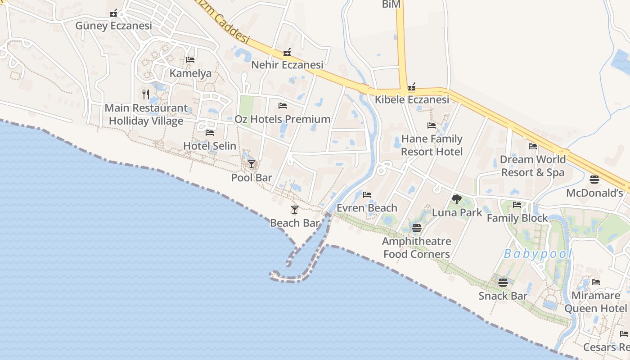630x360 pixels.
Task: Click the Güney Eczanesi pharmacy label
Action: pyautogui.click(x=113, y=26)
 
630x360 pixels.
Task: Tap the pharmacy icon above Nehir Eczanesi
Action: pyautogui.click(x=287, y=53)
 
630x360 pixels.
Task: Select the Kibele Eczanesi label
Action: pyautogui.click(x=412, y=99)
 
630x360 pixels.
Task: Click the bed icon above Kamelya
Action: pyautogui.click(x=190, y=59)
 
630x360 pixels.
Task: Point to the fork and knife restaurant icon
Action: pyautogui.click(x=146, y=94)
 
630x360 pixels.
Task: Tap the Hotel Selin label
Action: pyautogui.click(x=210, y=146)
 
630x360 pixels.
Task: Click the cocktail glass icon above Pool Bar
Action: pyautogui.click(x=252, y=164)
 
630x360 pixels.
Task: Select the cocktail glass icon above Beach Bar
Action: pyautogui.click(x=295, y=209)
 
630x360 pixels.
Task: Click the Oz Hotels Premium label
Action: pyautogui.click(x=283, y=119)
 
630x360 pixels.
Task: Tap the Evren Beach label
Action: pyautogui.click(x=367, y=208)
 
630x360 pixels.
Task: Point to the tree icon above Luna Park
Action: pyautogui.click(x=457, y=199)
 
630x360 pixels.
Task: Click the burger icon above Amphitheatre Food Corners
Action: pyautogui.click(x=416, y=228)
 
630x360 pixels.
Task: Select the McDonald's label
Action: pyautogui.click(x=594, y=193)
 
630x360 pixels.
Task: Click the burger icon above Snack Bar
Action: pyautogui.click(x=503, y=283)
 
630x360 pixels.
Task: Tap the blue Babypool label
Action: pyautogui.click(x=538, y=254)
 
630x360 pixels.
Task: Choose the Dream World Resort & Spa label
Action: pyautogui.click(x=533, y=166)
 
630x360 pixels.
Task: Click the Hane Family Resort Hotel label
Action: pyautogui.click(x=432, y=145)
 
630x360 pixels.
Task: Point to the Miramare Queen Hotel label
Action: pyautogui.click(x=595, y=302)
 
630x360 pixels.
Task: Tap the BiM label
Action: pyautogui.click(x=391, y=4)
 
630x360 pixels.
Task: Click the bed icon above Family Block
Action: pyautogui.click(x=517, y=205)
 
